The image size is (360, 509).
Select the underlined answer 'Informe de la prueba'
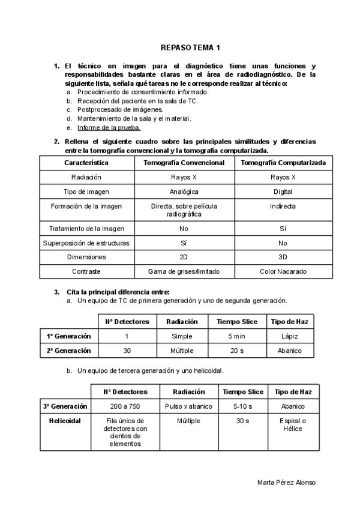[x=109, y=128]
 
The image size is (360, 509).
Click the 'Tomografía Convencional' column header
[x=184, y=163]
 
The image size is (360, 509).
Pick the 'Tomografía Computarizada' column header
[x=283, y=163]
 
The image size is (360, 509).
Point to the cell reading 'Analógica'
[x=184, y=191]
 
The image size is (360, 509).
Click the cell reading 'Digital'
[x=283, y=191]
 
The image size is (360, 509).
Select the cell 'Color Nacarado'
[x=283, y=271]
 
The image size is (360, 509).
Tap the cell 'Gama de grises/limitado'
[x=184, y=271]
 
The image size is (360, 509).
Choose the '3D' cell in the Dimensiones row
[x=283, y=257]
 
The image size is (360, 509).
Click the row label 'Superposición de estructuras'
[x=86, y=243]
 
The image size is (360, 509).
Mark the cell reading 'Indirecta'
[x=283, y=206]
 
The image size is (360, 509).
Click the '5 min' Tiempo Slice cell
[x=236, y=336]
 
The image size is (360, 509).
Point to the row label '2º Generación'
[x=69, y=351]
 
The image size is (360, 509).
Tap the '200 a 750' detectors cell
[x=125, y=406]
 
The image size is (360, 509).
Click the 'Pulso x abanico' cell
[x=189, y=406]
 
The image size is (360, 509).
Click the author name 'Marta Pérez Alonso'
[x=286, y=483]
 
